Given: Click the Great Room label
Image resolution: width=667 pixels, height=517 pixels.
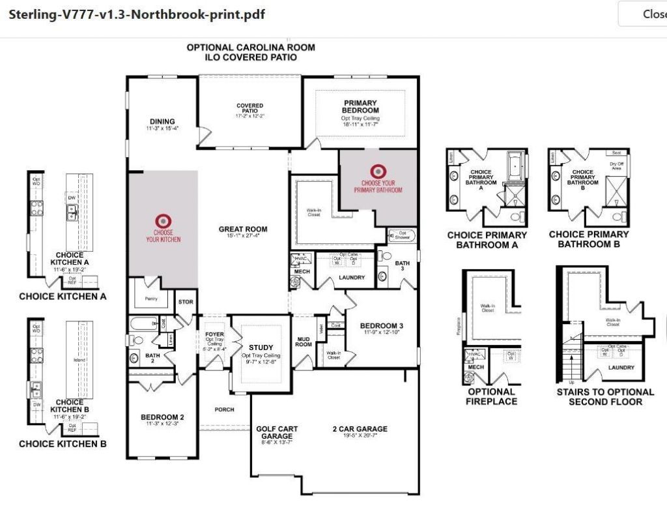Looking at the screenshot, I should (x=243, y=229).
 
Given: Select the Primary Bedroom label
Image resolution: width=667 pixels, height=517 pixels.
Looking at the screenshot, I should (x=360, y=107).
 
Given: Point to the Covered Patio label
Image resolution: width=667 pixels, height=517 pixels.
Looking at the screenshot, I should (x=249, y=108).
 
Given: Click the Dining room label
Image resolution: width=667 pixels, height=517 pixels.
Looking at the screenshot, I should (x=162, y=121).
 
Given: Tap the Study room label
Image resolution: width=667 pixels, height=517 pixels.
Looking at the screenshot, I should (x=261, y=347).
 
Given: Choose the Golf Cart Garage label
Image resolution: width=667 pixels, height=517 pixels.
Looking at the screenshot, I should (x=277, y=433).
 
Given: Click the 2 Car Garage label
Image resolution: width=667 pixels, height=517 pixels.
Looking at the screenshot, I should (x=360, y=429).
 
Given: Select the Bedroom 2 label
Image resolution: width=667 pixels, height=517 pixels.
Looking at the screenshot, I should (x=162, y=417).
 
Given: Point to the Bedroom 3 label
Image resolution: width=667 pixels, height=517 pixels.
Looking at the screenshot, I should (x=382, y=326).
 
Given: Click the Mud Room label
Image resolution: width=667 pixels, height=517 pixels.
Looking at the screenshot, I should (x=304, y=341).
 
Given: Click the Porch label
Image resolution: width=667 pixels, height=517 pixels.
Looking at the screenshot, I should (x=225, y=409).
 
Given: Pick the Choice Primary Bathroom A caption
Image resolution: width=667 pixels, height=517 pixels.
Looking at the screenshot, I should (x=487, y=240).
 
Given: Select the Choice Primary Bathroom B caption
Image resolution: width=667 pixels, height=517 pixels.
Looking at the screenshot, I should (x=589, y=239).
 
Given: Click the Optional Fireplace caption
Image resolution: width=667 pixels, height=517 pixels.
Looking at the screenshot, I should (x=492, y=396).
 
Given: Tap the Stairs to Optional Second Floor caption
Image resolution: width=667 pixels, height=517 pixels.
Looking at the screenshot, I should (x=605, y=396).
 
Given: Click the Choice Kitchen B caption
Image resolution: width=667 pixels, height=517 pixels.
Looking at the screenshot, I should (x=63, y=444).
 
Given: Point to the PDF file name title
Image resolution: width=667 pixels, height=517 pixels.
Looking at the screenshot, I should (x=137, y=14).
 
